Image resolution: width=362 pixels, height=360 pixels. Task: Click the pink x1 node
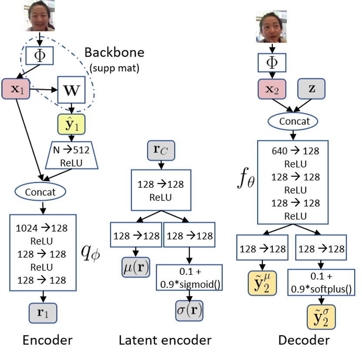pyautogui.click(x=15, y=90)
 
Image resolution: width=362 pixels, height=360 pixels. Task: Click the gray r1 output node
pyautogui.click(x=43, y=312)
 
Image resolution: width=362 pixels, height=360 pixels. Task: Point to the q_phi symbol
pyautogui.click(x=91, y=251)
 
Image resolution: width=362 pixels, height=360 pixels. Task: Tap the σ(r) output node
pyautogui.click(x=189, y=311)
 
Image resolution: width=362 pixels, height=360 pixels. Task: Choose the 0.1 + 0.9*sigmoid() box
pyautogui.click(x=188, y=277)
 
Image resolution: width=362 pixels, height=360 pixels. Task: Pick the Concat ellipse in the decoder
pyautogui.click(x=295, y=121)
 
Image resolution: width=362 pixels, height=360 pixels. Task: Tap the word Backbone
pyautogui.click(x=114, y=53)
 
